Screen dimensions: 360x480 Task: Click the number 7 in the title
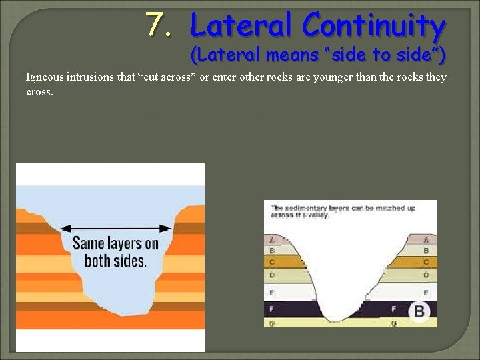(157, 25)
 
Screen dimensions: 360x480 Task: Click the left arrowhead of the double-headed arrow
(65, 226)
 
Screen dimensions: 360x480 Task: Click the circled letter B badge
(419, 311)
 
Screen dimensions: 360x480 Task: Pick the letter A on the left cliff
(271, 239)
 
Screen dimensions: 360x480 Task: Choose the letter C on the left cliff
(271, 262)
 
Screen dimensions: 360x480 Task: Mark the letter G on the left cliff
(271, 323)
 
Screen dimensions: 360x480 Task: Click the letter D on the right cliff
(426, 274)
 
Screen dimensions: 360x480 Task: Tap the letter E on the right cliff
(426, 292)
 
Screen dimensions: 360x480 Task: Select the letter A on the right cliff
(426, 239)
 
